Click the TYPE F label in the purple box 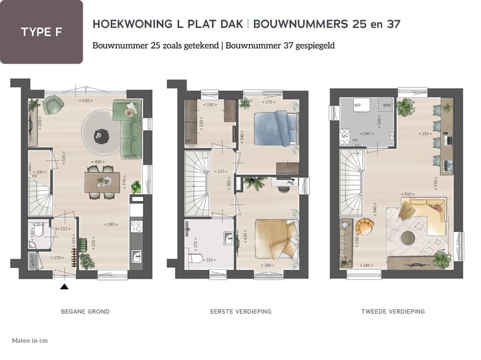(41, 32)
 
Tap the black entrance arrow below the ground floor (64, 287)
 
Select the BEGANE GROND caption (85, 312)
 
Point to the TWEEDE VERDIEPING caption (393, 312)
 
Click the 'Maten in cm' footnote (29, 341)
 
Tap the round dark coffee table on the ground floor (99, 136)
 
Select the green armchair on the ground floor (53, 105)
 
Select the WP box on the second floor (357, 106)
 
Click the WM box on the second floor (385, 106)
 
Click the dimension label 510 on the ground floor (86, 101)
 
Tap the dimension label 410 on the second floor (408, 194)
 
